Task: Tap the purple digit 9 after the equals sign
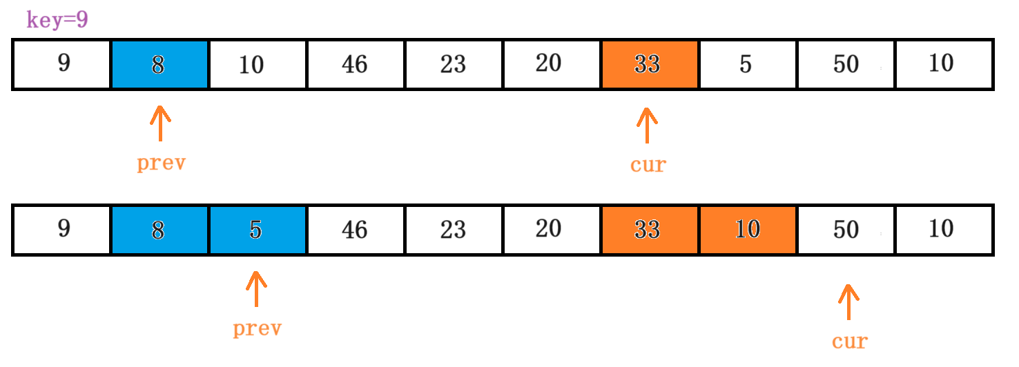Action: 81,20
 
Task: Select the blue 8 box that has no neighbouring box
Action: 159,64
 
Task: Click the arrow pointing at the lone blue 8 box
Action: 160,123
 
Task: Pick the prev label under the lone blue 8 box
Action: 161,163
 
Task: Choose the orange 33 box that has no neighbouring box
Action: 649,64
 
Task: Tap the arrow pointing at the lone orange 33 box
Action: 647,125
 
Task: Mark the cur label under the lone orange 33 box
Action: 648,165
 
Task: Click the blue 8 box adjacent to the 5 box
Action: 159,230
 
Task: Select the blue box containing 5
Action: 258,230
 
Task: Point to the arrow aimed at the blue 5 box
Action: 256,289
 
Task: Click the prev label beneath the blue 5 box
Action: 257,329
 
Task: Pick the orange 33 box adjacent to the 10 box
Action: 649,230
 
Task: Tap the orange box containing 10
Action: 748,230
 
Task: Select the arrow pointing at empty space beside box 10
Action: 848,302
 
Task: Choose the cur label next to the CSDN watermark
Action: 849,341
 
